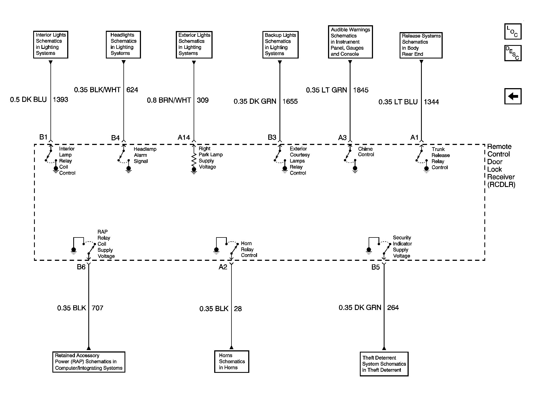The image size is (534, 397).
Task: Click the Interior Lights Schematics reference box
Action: click(x=51, y=44)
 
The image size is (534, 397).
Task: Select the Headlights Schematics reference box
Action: click(x=123, y=44)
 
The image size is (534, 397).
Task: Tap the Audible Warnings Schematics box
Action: click(x=350, y=42)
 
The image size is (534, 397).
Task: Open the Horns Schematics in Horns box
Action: click(x=231, y=362)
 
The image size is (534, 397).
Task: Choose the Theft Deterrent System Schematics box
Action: click(x=384, y=364)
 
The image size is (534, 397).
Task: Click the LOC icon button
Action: click(x=513, y=32)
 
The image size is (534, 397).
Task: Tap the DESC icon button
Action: click(x=513, y=53)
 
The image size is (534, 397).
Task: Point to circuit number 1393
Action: click(x=60, y=99)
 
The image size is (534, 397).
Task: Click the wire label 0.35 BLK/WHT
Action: click(x=97, y=90)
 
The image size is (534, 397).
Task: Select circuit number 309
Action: click(x=203, y=100)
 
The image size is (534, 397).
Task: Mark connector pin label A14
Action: click(x=184, y=137)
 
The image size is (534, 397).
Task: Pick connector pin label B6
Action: click(x=81, y=267)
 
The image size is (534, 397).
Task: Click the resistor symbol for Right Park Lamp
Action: click(x=194, y=160)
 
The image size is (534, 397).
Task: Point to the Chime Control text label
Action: click(x=366, y=152)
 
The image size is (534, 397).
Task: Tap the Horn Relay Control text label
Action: click(x=249, y=249)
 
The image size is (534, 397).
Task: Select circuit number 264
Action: click(x=393, y=307)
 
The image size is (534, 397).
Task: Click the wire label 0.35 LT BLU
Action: click(x=398, y=102)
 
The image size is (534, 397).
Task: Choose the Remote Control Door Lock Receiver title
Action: click(x=501, y=166)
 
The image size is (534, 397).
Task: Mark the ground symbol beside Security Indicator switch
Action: click(x=369, y=250)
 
